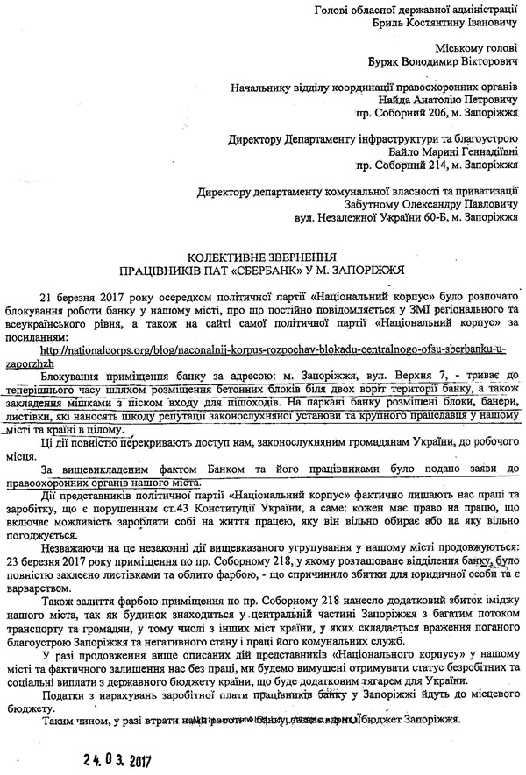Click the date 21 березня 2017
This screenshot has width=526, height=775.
pos(102,298)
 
